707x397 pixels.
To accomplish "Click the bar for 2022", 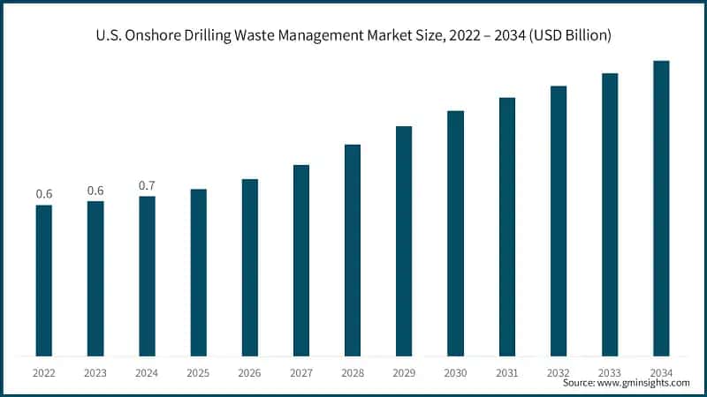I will tap(44, 281).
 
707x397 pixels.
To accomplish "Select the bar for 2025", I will tap(199, 273).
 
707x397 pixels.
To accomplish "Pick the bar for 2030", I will tap(455, 233).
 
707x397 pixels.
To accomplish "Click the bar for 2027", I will tap(301, 260).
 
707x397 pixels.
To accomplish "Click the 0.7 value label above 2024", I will tap(148, 185).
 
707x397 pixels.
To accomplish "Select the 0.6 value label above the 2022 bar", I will tap(44, 194).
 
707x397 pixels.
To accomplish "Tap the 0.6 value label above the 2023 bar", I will tap(95, 191).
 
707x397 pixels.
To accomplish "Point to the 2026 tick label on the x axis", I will tap(250, 372).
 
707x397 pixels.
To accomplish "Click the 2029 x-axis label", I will tap(404, 372).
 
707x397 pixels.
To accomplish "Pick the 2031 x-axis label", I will tap(506, 372).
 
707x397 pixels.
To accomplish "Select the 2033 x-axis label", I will tap(610, 372).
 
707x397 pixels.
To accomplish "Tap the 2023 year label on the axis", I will tap(95, 372).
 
